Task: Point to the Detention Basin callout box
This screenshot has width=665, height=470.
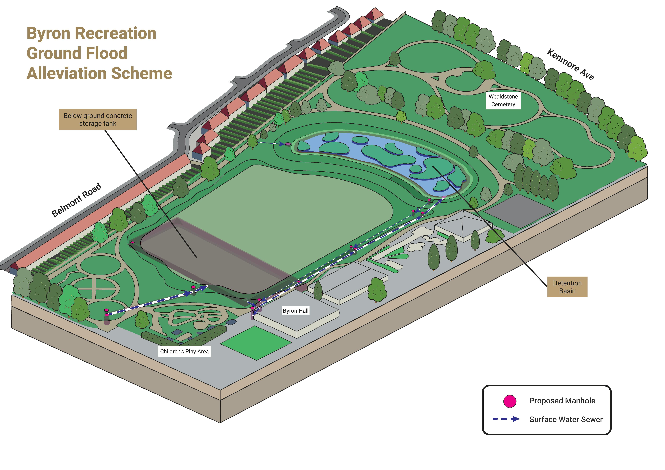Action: tap(567, 287)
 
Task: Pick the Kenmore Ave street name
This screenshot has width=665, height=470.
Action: tap(571, 64)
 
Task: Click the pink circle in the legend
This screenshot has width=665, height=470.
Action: tap(510, 401)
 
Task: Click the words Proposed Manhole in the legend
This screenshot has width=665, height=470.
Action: tap(562, 401)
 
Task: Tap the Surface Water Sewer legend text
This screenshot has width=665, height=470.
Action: tap(566, 419)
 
